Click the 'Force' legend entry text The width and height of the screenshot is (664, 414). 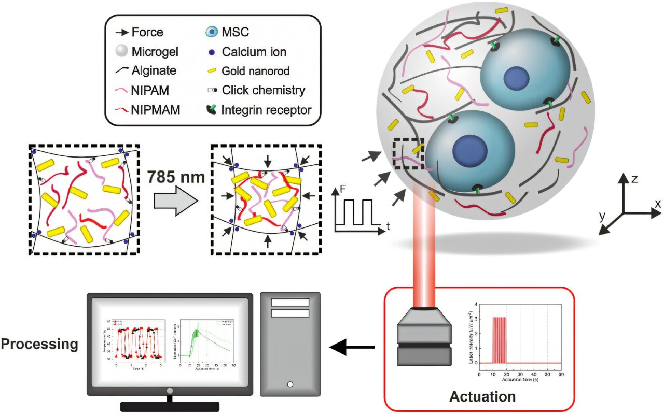[147, 32]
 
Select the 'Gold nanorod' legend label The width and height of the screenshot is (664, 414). [256, 70]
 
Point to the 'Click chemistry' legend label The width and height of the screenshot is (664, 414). [264, 90]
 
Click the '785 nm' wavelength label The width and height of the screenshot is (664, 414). [176, 178]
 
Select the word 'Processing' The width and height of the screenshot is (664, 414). [40, 344]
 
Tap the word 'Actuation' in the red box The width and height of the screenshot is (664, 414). [482, 397]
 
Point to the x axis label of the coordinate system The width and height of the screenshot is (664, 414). [658, 204]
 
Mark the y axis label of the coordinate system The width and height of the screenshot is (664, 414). [602, 216]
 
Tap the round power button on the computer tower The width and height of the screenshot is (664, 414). [290, 384]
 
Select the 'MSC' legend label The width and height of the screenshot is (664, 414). [236, 32]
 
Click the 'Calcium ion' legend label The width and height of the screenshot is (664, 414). [254, 51]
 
